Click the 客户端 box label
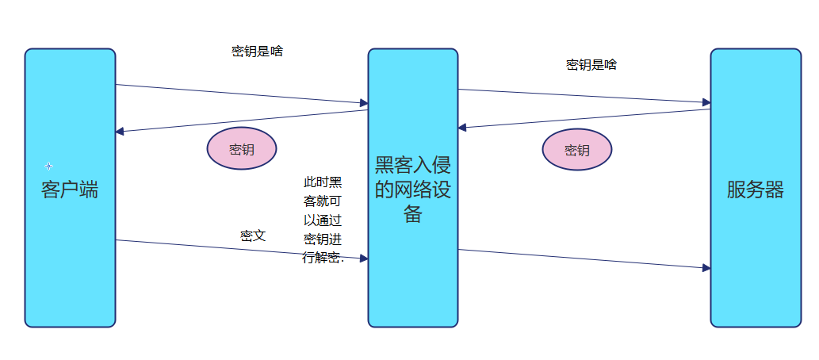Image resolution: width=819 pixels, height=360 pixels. (70, 190)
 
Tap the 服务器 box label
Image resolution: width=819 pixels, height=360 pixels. (755, 190)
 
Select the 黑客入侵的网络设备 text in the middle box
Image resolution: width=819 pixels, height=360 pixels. (412, 190)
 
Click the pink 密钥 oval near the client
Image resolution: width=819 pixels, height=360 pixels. (242, 149)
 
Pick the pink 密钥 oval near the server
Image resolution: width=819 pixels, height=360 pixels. (577, 150)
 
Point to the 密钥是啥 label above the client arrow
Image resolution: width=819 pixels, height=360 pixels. (257, 52)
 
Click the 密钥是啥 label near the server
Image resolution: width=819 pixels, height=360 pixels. (591, 65)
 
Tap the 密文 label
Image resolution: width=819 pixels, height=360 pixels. (253, 236)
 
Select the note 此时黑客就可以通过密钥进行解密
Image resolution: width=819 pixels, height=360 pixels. (323, 220)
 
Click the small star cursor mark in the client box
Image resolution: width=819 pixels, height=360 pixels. (48, 166)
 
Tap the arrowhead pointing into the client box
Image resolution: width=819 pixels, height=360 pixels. (120, 132)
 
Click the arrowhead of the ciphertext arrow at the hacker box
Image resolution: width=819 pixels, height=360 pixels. (364, 259)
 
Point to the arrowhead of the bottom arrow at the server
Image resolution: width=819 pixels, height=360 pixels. (706, 268)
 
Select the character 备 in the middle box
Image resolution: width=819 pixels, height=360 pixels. (413, 214)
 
